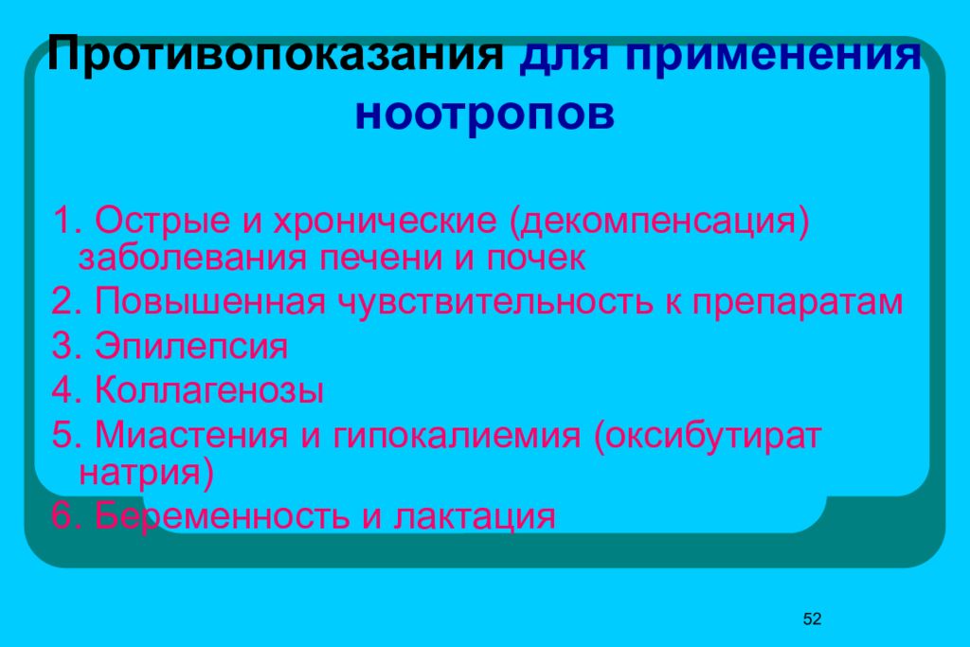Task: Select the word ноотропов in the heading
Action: pyautogui.click(x=485, y=114)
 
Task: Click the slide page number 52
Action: pyautogui.click(x=812, y=620)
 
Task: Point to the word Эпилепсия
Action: pyautogui.click(x=190, y=347)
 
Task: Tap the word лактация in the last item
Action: pyautogui.click(x=474, y=517)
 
